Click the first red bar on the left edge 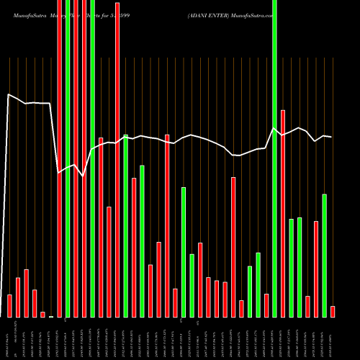pyautogui.click(x=9, y=305)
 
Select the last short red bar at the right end pyautogui.click(x=333, y=311)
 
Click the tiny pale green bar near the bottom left pyautogui.click(x=51, y=316)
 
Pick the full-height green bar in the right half pyautogui.click(x=274, y=158)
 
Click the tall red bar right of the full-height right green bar pyautogui.click(x=283, y=213)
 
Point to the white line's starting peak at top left pyautogui.click(x=9, y=94)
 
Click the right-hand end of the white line pyautogui.click(x=331, y=137)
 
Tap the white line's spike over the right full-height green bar pyautogui.click(x=274, y=128)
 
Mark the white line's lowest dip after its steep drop pyautogui.click(x=84, y=176)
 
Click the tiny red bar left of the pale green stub pyautogui.click(x=42, y=314)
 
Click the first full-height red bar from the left pyautogui.click(x=59, y=158)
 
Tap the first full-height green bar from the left pyautogui.click(x=68, y=158)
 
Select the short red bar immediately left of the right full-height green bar pyautogui.click(x=266, y=305)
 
